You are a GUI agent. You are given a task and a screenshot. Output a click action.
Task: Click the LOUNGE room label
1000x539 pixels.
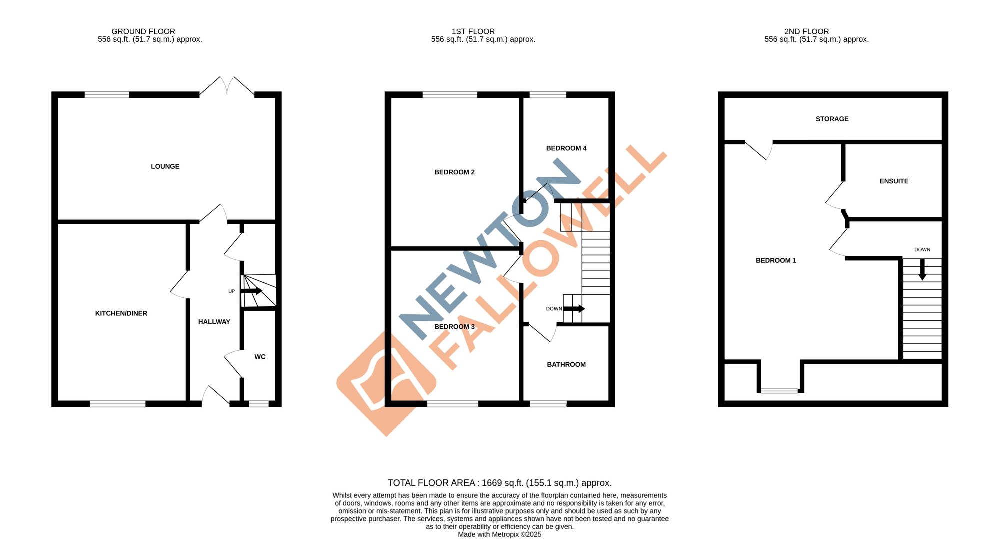tap(165, 166)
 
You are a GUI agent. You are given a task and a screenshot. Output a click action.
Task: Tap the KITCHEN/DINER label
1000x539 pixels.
tap(121, 313)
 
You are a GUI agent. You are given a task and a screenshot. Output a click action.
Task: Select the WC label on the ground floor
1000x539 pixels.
tap(260, 357)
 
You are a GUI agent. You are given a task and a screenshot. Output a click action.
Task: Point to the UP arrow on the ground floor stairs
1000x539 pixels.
tap(252, 291)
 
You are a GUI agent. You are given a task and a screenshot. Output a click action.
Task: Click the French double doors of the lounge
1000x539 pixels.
tap(227, 86)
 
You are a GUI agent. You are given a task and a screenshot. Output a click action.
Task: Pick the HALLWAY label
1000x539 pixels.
tap(214, 322)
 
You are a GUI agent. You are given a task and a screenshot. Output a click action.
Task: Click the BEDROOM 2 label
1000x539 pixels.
tap(454, 172)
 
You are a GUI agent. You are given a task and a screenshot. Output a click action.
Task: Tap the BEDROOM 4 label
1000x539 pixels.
tap(566, 148)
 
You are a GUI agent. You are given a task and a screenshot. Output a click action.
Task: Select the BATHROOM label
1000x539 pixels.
tap(566, 364)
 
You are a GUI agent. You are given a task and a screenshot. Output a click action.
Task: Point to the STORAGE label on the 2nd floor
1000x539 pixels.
tap(832, 119)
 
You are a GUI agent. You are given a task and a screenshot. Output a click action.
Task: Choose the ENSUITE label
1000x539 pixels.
tap(894, 181)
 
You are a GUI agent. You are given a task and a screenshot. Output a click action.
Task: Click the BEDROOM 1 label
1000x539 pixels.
tap(775, 260)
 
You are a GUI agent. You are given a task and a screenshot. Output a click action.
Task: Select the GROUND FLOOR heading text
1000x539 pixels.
tap(143, 31)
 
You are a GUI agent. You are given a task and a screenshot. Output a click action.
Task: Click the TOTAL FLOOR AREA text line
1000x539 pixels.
tap(499, 483)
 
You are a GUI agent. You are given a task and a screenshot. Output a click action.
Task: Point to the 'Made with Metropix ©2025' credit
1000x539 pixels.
tap(499, 534)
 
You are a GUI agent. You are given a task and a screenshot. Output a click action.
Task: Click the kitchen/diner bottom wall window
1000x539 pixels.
tap(118, 404)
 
